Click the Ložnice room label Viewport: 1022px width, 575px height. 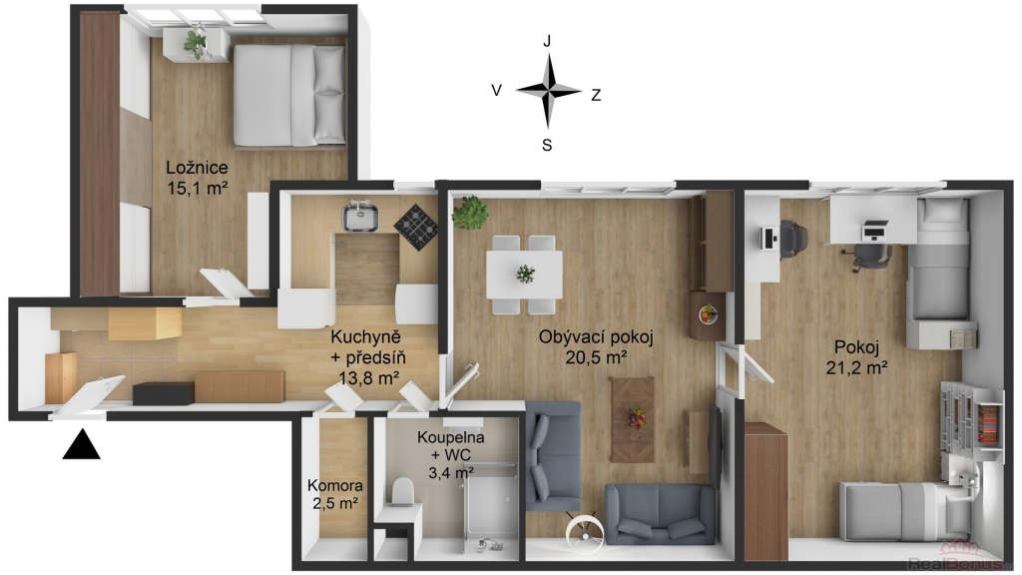pos(197,167)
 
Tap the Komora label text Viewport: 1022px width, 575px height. pos(335,486)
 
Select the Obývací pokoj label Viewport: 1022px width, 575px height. pos(596,337)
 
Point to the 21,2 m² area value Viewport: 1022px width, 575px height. pos(857,367)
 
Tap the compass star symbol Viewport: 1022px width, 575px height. pos(548,91)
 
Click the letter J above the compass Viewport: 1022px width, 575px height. pos(547,41)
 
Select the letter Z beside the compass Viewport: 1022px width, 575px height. pos(596,95)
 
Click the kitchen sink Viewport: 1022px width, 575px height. pos(360,217)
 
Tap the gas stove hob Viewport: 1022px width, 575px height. pos(417,227)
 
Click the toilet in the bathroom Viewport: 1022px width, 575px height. pos(403,492)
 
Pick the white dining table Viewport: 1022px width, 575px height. pos(524,275)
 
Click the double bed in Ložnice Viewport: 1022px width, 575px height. pos(289,95)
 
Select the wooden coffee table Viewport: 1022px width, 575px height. pos(632,419)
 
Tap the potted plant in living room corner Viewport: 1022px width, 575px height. pos(470,213)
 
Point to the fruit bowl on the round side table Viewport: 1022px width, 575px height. pos(708,314)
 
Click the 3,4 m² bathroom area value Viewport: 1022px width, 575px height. pos(451,472)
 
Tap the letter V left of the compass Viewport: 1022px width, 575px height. pos(497,91)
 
